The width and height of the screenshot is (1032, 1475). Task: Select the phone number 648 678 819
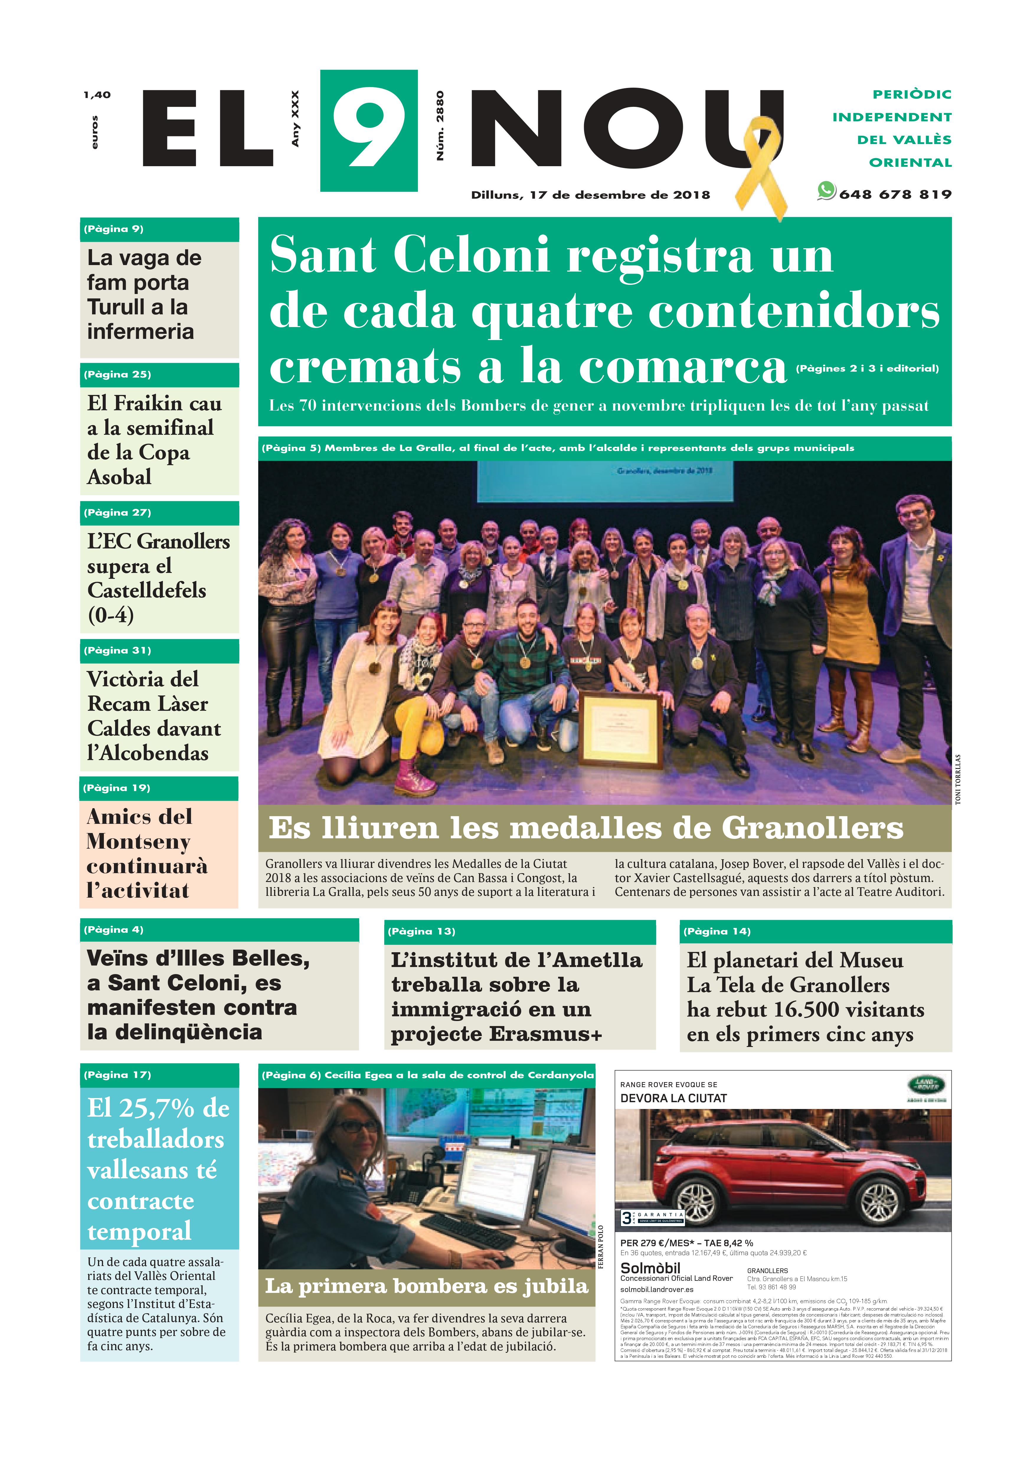click(895, 194)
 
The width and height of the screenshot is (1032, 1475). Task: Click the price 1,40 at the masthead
click(97, 95)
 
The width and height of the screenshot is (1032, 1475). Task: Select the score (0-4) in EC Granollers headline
click(110, 615)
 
